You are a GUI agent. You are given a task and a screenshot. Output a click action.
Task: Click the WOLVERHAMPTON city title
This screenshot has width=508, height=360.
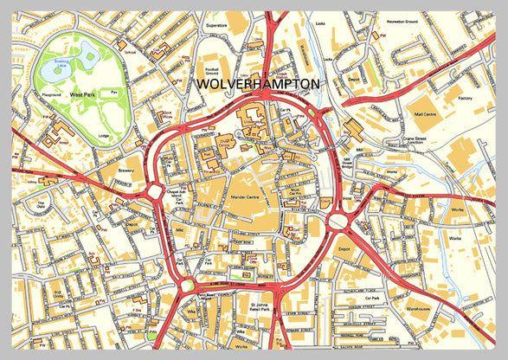[x=259, y=84]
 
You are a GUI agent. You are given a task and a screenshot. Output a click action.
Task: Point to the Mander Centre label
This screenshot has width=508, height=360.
[x=223, y=197]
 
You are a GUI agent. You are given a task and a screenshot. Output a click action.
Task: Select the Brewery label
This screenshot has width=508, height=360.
[x=122, y=171]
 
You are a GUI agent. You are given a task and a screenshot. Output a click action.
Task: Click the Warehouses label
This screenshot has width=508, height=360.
[x=417, y=305]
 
